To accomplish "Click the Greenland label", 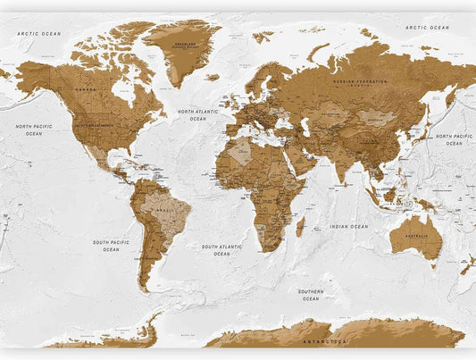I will [x=185, y=44].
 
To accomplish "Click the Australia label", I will [x=415, y=235].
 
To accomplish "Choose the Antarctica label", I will [x=323, y=341].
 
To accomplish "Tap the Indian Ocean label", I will [x=347, y=227].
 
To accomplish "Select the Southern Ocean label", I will [x=310, y=295].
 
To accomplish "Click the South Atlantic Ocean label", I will [x=221, y=250].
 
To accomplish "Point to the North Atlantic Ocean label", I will [x=197, y=115].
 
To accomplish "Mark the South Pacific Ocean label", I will [x=111, y=246].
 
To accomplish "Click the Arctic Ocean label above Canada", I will [x=38, y=33].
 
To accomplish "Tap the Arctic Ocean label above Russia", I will [x=427, y=28].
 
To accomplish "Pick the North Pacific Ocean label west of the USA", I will [x=33, y=130].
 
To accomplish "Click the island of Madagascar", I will [x=300, y=227].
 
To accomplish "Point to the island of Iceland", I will [x=212, y=78].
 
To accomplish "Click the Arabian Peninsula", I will [x=299, y=157].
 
